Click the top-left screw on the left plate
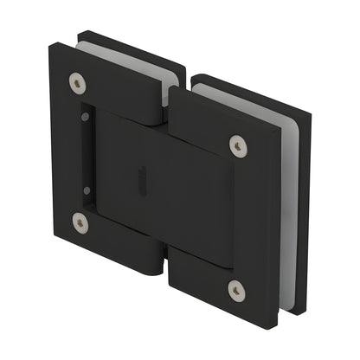[x=80, y=85]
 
